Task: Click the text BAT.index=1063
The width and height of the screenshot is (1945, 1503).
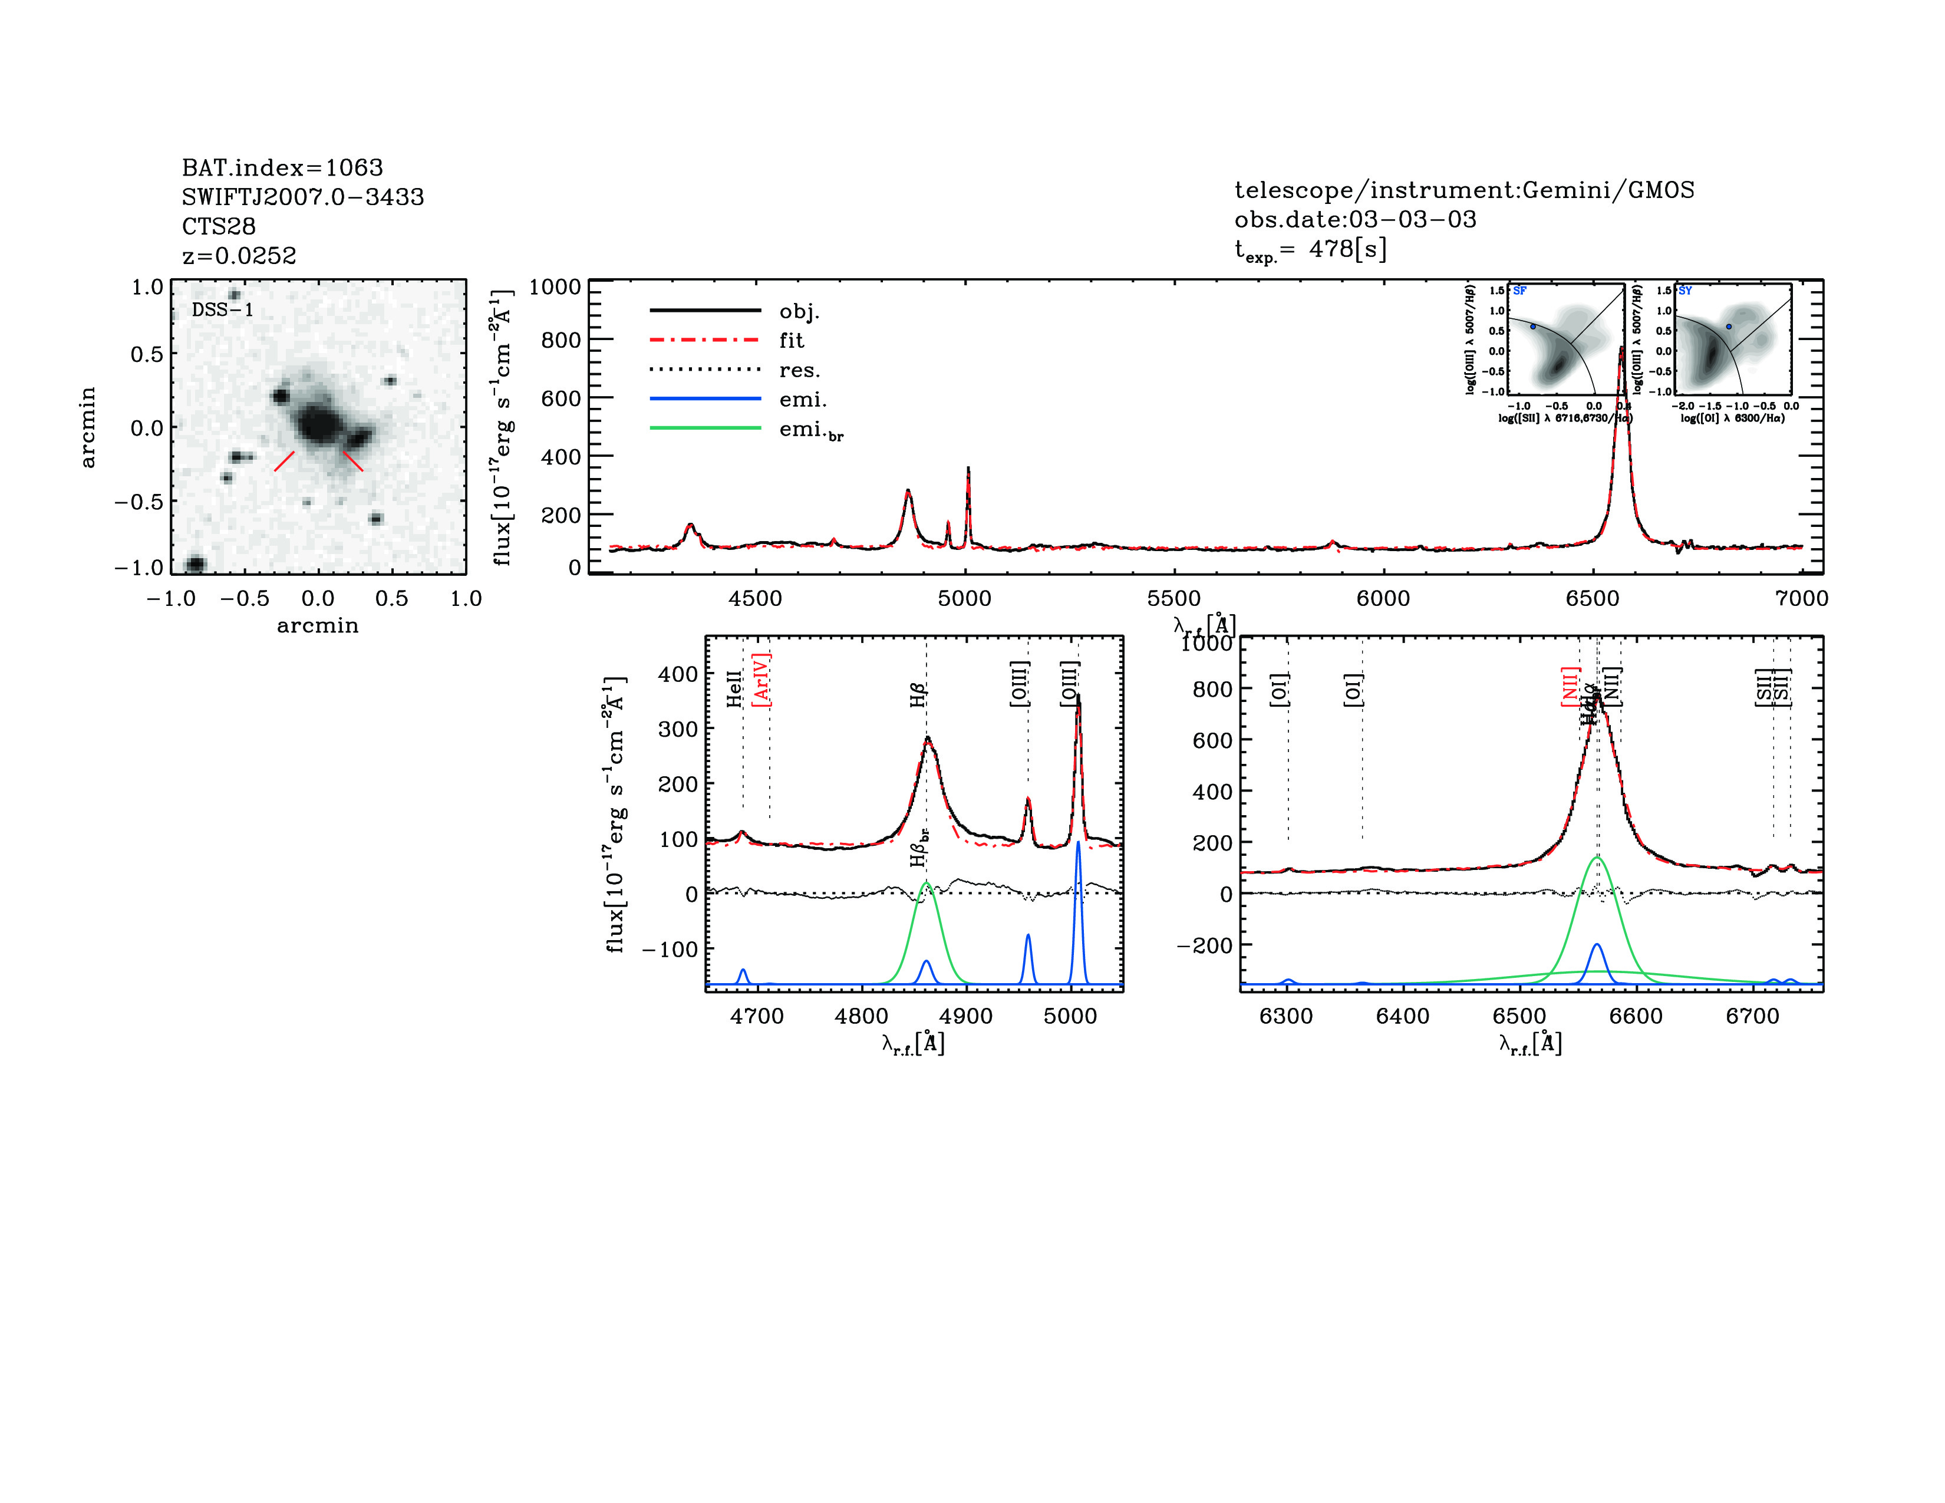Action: tap(282, 167)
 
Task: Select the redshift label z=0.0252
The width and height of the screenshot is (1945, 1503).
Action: tap(239, 256)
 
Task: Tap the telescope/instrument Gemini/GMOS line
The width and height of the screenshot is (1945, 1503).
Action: tap(1463, 190)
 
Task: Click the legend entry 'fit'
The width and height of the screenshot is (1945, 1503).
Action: tap(791, 340)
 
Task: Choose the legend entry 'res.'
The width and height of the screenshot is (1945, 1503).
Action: tap(799, 370)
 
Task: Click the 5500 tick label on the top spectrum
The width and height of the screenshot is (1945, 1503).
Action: tap(1173, 598)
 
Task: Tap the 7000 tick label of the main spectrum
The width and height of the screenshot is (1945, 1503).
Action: tap(1801, 598)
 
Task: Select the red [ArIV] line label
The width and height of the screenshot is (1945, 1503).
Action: tap(761, 680)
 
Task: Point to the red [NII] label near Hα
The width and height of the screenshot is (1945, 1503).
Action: tap(1569, 685)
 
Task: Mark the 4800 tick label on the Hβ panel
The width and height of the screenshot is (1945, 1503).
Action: tap(861, 1016)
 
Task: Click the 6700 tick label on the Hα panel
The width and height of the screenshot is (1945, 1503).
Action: tap(1752, 1016)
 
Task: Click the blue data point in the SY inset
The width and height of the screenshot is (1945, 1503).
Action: tap(1729, 327)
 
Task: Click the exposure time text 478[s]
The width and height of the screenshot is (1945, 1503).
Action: tap(1347, 249)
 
